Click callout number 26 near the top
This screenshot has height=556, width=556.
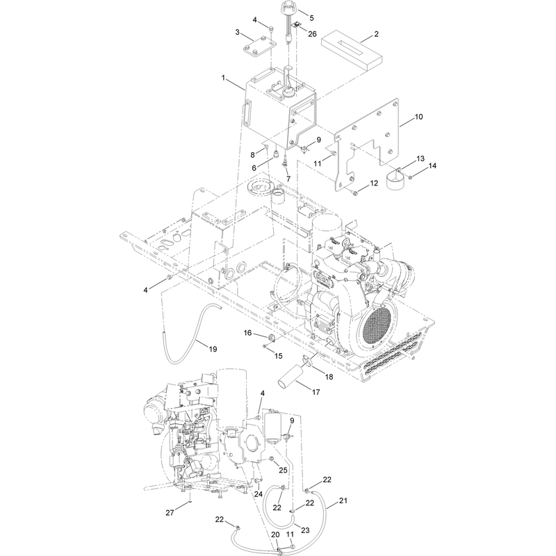(x=312, y=34)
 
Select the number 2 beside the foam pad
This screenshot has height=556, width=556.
(x=376, y=33)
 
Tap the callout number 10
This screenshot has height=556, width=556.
(x=419, y=117)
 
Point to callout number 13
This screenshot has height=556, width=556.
(x=420, y=158)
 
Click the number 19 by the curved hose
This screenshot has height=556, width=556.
(x=213, y=350)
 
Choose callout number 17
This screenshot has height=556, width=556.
(x=316, y=392)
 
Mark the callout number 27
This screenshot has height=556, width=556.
(x=170, y=512)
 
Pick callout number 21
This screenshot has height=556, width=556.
(x=343, y=500)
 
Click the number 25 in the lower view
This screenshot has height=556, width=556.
(x=283, y=471)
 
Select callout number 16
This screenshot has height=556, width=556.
(x=247, y=333)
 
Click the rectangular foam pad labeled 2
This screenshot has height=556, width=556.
(x=352, y=53)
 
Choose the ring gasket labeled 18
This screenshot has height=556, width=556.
(x=307, y=361)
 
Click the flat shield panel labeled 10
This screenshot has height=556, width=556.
(x=368, y=142)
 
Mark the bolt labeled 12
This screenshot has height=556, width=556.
(x=354, y=193)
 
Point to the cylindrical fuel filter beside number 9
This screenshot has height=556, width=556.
(x=273, y=427)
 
